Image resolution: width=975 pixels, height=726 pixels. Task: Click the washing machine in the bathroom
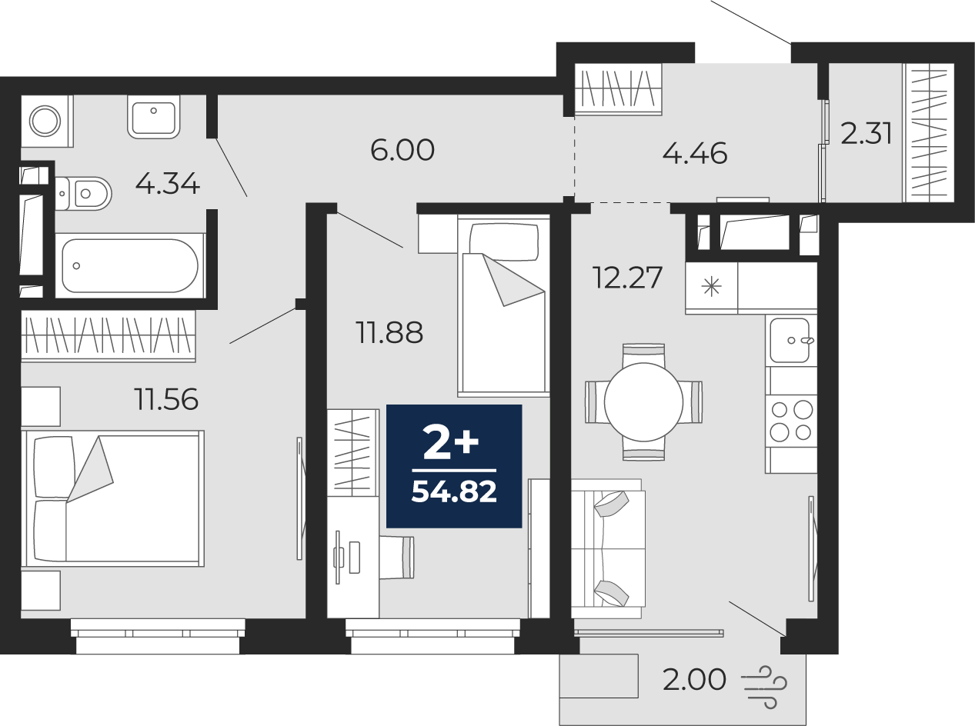coord(45,121)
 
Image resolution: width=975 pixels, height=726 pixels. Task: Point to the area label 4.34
coord(167,184)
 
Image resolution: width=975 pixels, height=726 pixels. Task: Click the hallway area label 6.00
coord(402,150)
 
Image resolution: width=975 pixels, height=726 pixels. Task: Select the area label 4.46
coord(694,154)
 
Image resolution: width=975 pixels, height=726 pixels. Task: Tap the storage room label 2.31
coord(866,134)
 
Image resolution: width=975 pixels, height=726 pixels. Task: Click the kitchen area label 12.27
coord(626,277)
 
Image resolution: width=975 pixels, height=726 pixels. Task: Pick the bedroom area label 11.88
coord(389,333)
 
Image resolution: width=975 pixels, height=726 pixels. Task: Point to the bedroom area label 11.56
coord(165,399)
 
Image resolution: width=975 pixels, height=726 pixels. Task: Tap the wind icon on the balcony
coord(763,681)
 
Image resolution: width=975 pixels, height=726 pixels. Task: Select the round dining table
coord(643,401)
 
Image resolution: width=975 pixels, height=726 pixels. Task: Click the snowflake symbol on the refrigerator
coord(711,288)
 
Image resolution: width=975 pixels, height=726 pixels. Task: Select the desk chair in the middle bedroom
coord(399,557)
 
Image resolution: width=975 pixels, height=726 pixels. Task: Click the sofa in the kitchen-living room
coord(608,548)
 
